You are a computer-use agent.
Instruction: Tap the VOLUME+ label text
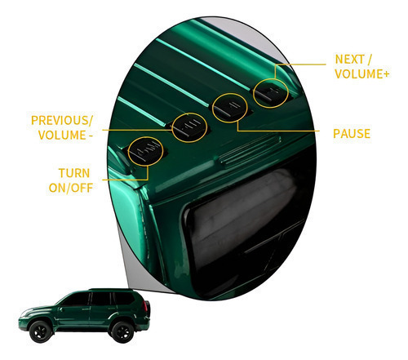tap(361, 73)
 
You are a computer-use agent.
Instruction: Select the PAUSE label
tap(352, 134)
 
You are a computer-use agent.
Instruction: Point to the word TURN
tap(74, 173)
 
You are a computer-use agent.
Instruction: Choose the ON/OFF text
tap(71, 188)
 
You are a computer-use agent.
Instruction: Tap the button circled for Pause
tap(230, 108)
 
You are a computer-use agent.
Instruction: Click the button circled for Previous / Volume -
tap(190, 127)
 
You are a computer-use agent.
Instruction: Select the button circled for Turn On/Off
tap(146, 150)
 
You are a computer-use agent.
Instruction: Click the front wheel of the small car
tap(41, 331)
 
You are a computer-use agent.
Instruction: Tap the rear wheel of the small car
tap(122, 331)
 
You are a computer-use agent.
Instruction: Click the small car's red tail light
tap(145, 307)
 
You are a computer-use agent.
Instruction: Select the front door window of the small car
tap(77, 299)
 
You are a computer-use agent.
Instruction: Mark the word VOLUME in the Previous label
tap(62, 135)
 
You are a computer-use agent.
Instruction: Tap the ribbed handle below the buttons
tap(251, 150)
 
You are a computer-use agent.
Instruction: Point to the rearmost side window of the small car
tap(124, 298)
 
